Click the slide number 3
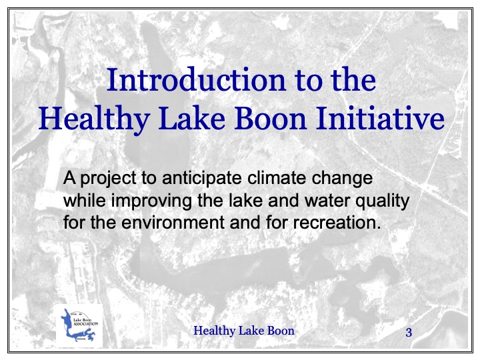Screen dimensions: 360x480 tap(409, 332)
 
